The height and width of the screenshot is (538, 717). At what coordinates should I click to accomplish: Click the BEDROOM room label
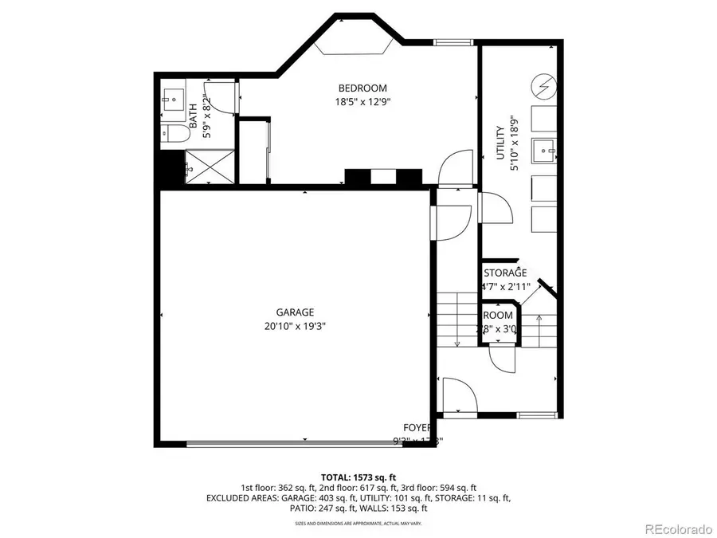click(362, 88)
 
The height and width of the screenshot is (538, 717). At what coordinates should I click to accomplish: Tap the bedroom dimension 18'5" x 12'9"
click(362, 101)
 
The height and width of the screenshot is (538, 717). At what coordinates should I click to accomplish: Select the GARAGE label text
click(296, 312)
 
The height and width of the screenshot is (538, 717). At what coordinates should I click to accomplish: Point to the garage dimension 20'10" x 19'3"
click(296, 325)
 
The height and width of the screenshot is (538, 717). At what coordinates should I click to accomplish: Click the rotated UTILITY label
click(500, 143)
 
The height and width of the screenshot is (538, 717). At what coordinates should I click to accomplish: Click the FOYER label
click(417, 427)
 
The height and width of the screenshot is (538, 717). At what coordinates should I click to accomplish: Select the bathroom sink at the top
click(174, 100)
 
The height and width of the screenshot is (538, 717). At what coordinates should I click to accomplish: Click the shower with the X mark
click(211, 168)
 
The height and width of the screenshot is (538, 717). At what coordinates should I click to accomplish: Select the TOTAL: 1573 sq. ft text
click(358, 476)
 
